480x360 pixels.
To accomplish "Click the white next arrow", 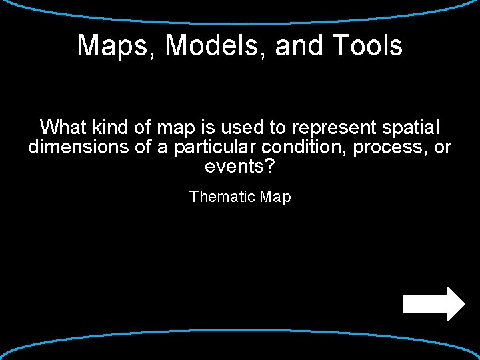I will tap(434, 304).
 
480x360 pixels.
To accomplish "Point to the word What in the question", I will tap(63, 127).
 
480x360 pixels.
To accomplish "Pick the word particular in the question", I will tap(215, 147).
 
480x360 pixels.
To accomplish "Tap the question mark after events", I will tap(269, 167).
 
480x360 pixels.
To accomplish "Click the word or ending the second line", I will tap(443, 147).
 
